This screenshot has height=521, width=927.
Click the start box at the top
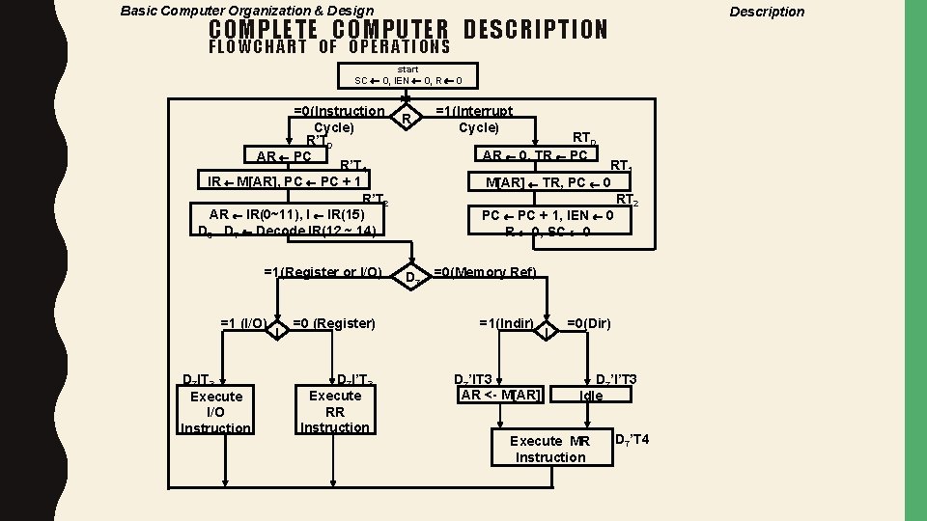[x=408, y=74]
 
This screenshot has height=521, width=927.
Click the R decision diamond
[x=407, y=118]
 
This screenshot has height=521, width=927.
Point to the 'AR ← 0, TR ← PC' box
[x=535, y=155]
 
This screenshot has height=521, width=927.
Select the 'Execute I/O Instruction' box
[x=216, y=412]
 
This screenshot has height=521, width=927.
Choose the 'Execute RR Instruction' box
[x=334, y=412]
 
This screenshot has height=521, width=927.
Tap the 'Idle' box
[x=591, y=396]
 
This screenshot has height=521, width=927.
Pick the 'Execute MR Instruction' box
[x=550, y=449]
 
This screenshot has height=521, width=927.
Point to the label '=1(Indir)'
[x=507, y=322]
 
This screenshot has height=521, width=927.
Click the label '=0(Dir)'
[x=588, y=322]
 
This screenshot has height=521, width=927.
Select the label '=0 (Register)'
[x=333, y=322]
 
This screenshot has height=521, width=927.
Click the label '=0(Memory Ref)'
[x=485, y=272]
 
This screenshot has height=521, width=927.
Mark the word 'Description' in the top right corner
[x=767, y=12]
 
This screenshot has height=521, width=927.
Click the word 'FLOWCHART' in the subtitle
[x=258, y=47]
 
